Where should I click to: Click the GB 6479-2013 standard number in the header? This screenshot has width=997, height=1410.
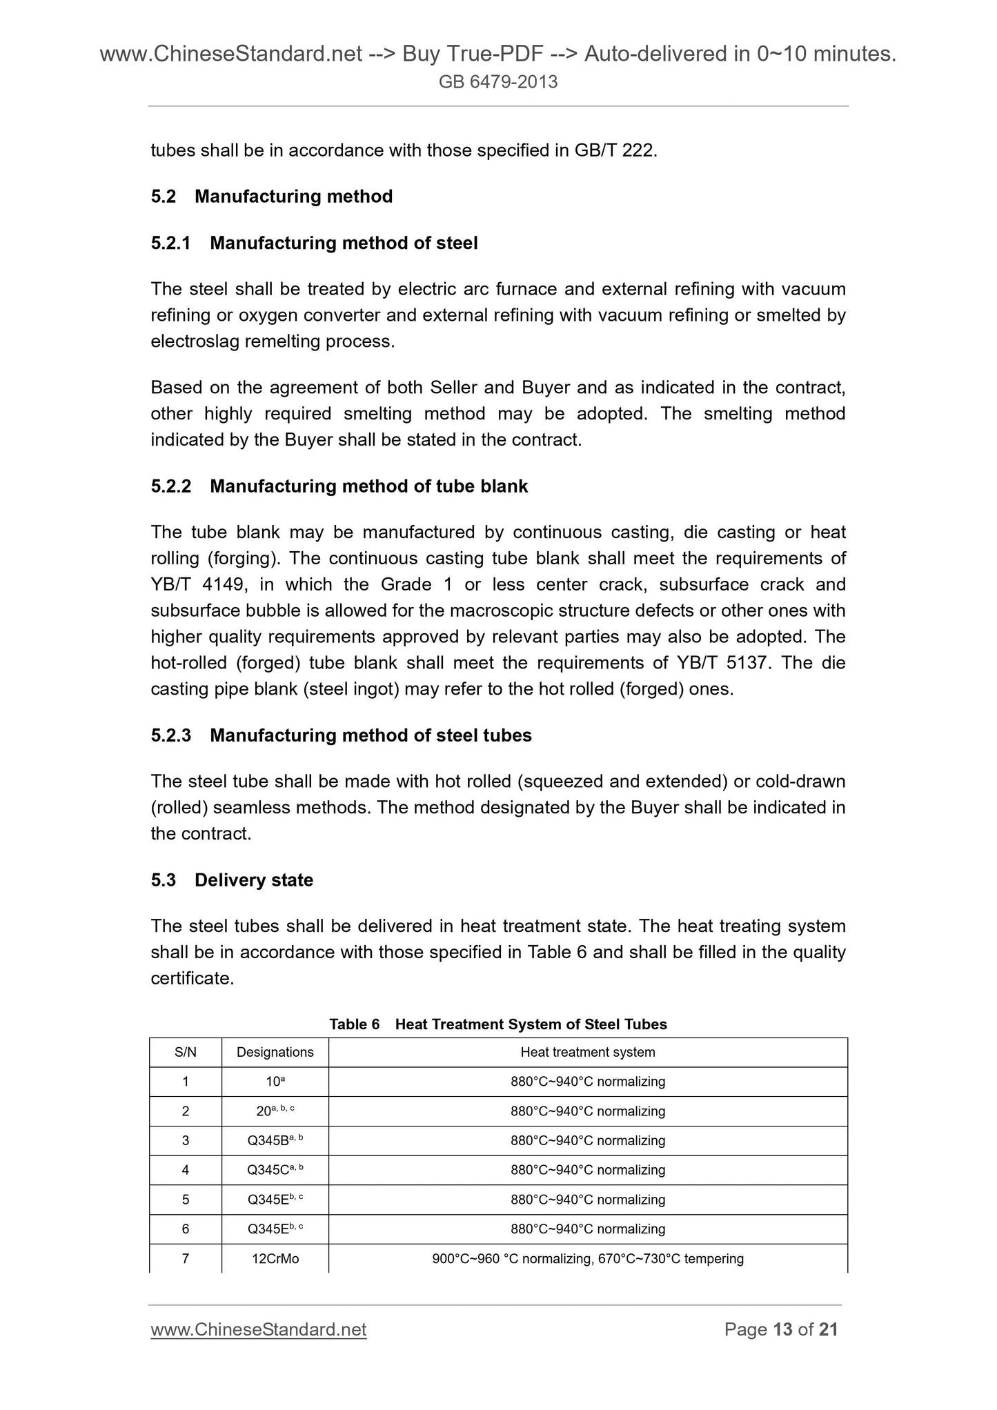pos(498,83)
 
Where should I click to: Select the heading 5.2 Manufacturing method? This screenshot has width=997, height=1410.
pos(272,197)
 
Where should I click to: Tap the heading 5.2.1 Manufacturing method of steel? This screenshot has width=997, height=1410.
pos(314,243)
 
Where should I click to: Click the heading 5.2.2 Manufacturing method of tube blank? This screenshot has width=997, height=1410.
pos(339,486)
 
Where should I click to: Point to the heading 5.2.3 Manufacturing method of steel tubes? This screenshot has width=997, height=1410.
pos(341,735)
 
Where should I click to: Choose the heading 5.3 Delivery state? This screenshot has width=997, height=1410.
pos(232,880)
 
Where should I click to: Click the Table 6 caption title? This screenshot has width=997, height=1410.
pos(498,1024)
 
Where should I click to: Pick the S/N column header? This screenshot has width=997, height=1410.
pos(186,1053)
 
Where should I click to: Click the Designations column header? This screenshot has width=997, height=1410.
pos(275,1053)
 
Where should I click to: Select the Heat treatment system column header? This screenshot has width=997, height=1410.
pos(588,1053)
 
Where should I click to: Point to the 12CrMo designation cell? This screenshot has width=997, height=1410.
pos(275,1259)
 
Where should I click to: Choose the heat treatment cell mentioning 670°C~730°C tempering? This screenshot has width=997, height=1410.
pos(588,1259)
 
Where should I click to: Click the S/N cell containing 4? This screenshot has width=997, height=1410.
pos(186,1171)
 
